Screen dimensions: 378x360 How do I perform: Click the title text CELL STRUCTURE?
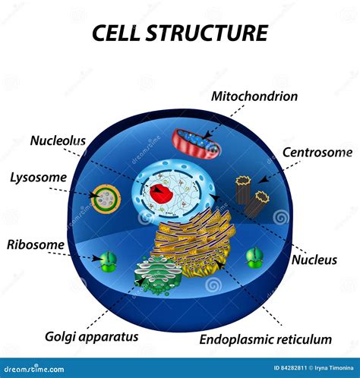click(x=180, y=33)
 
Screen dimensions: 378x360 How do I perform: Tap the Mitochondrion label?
click(x=254, y=96)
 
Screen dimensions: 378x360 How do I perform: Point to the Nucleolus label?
click(x=57, y=140)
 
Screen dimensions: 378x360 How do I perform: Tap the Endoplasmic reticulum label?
click(x=265, y=339)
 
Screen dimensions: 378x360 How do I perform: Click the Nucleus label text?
click(x=314, y=260)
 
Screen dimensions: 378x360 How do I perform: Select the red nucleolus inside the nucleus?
click(x=163, y=193)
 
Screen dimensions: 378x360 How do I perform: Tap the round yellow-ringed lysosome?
click(x=106, y=199)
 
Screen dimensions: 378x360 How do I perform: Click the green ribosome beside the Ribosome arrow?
click(x=109, y=261)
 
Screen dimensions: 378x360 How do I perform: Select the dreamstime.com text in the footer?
click(x=38, y=370)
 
